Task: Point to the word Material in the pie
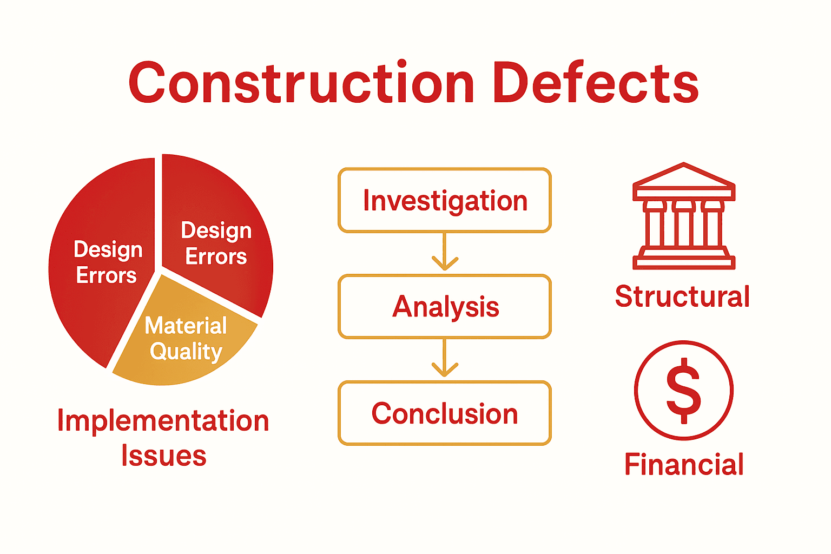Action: point(186,326)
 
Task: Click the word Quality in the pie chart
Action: point(186,352)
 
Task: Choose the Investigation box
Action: point(445,201)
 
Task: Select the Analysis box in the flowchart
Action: point(445,307)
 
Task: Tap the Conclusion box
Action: point(445,413)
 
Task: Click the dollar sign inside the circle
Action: point(684,390)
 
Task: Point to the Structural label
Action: point(682,296)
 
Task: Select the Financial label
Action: point(684,464)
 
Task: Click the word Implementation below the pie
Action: point(163,421)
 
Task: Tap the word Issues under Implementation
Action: point(163,456)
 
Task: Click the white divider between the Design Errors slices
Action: point(159,216)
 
